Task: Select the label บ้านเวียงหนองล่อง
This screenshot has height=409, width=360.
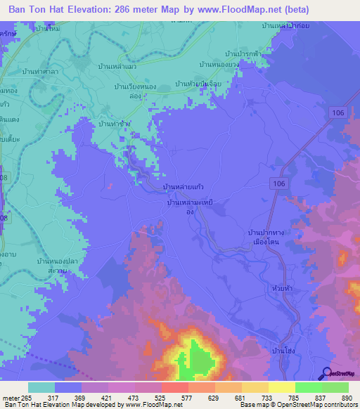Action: [139, 91]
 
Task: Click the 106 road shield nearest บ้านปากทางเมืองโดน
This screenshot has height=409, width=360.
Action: [278, 183]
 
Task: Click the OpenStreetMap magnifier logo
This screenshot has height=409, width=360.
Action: [326, 374]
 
